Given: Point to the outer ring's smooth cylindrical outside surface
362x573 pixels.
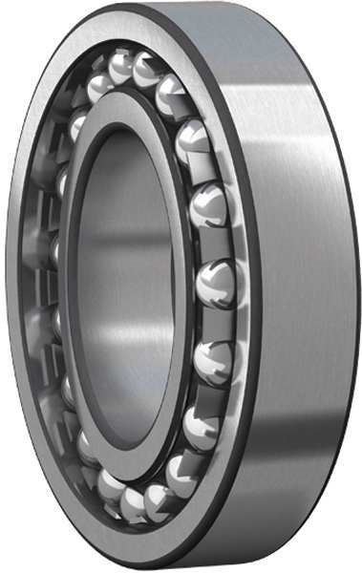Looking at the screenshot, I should point(306,286).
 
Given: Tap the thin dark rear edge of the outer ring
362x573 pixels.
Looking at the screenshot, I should point(356,286).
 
